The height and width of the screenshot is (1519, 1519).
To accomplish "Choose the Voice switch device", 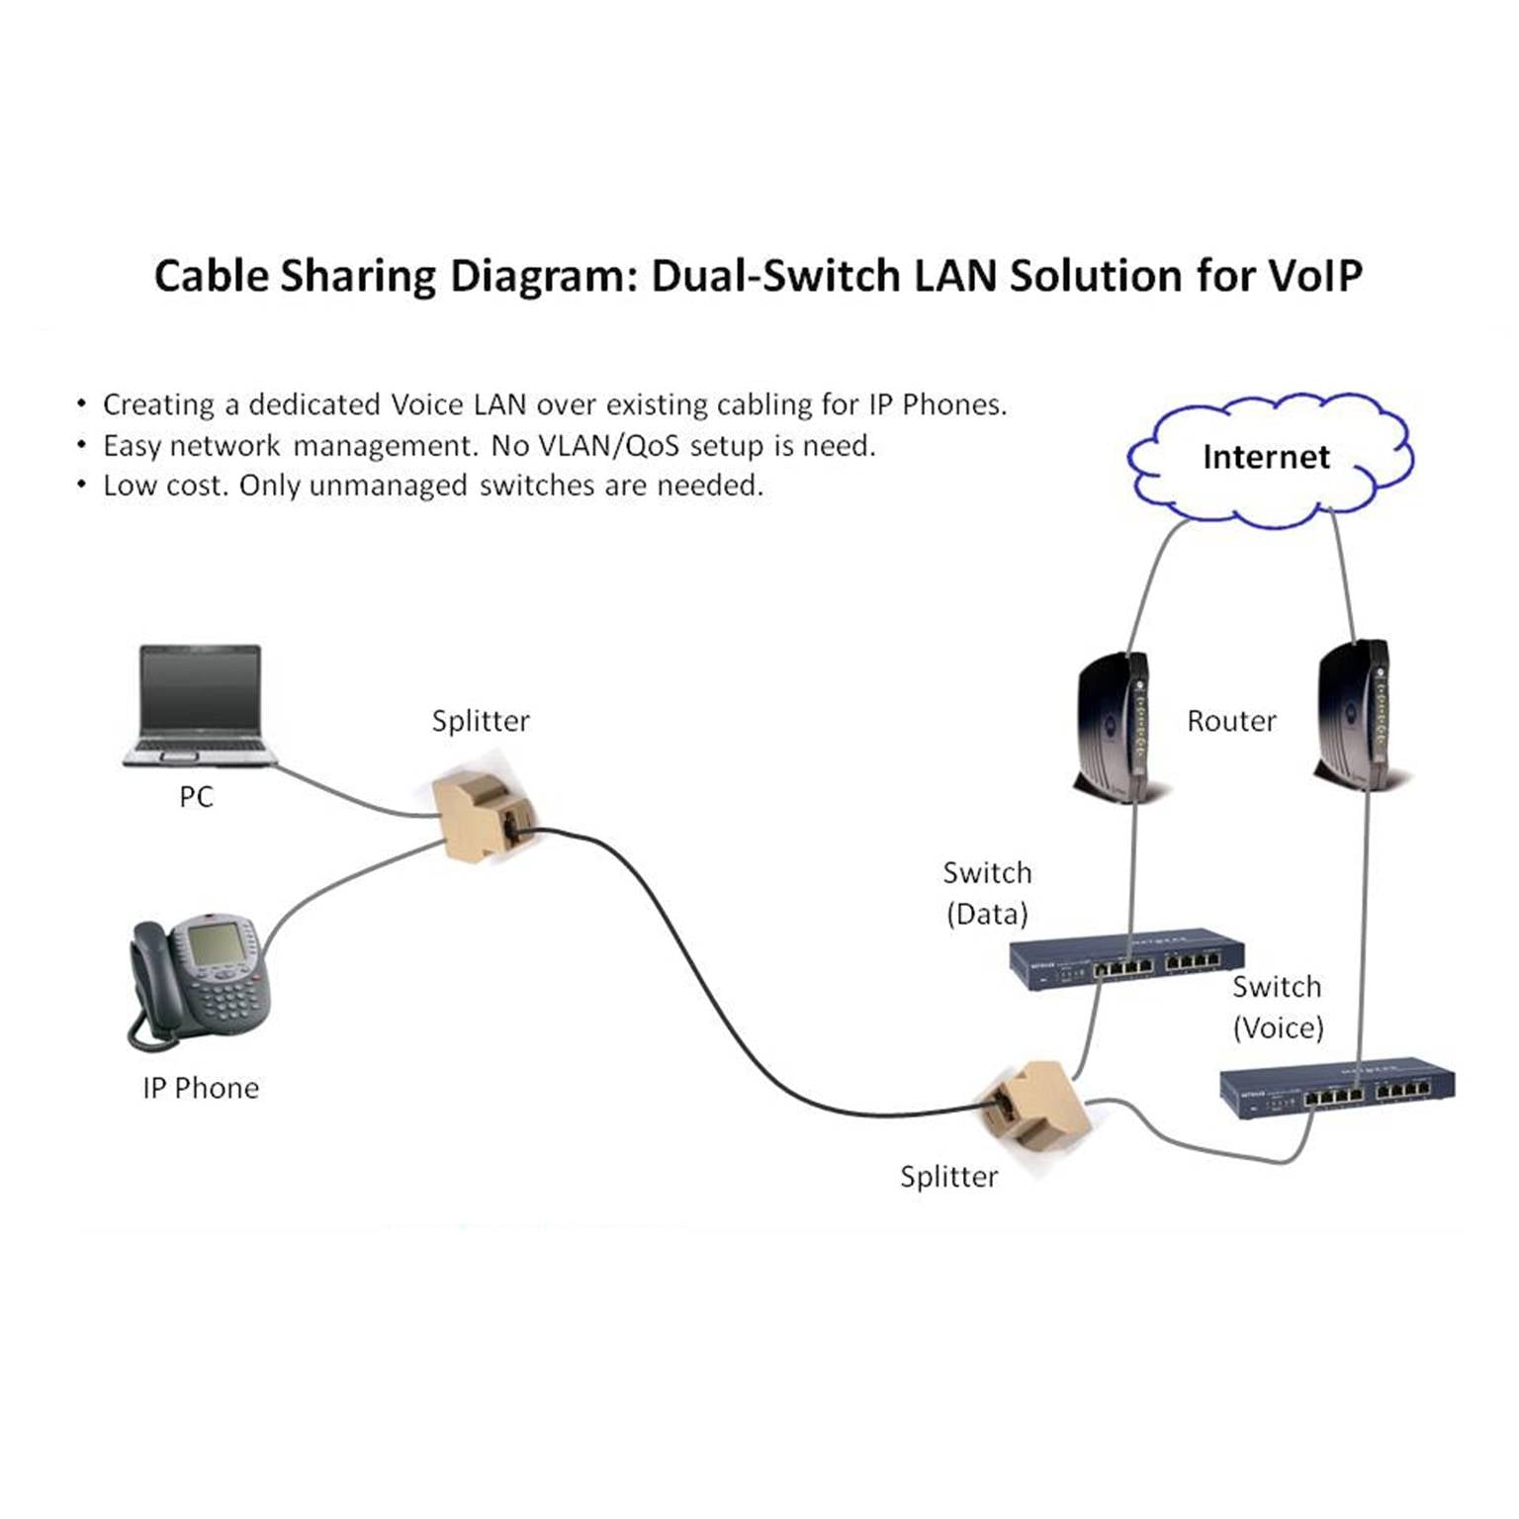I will pyautogui.click(x=1337, y=1092).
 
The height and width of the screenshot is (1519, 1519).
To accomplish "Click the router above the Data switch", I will pyautogui.click(x=1114, y=727).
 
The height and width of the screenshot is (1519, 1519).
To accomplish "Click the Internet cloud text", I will pyautogui.click(x=1266, y=457).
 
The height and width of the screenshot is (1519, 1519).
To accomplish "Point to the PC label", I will pyautogui.click(x=196, y=797).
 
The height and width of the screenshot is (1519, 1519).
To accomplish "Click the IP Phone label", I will pyautogui.click(x=201, y=1088).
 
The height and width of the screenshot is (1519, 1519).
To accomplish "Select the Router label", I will pyautogui.click(x=1231, y=721).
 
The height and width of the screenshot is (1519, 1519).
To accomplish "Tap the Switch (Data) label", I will pyautogui.click(x=987, y=893).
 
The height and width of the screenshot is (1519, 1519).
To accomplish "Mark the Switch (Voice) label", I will pyautogui.click(x=1278, y=1007).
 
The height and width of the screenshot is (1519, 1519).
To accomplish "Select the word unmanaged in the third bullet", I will pyautogui.click(x=390, y=486).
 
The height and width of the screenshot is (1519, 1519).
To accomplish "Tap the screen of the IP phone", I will pyautogui.click(x=217, y=945).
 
